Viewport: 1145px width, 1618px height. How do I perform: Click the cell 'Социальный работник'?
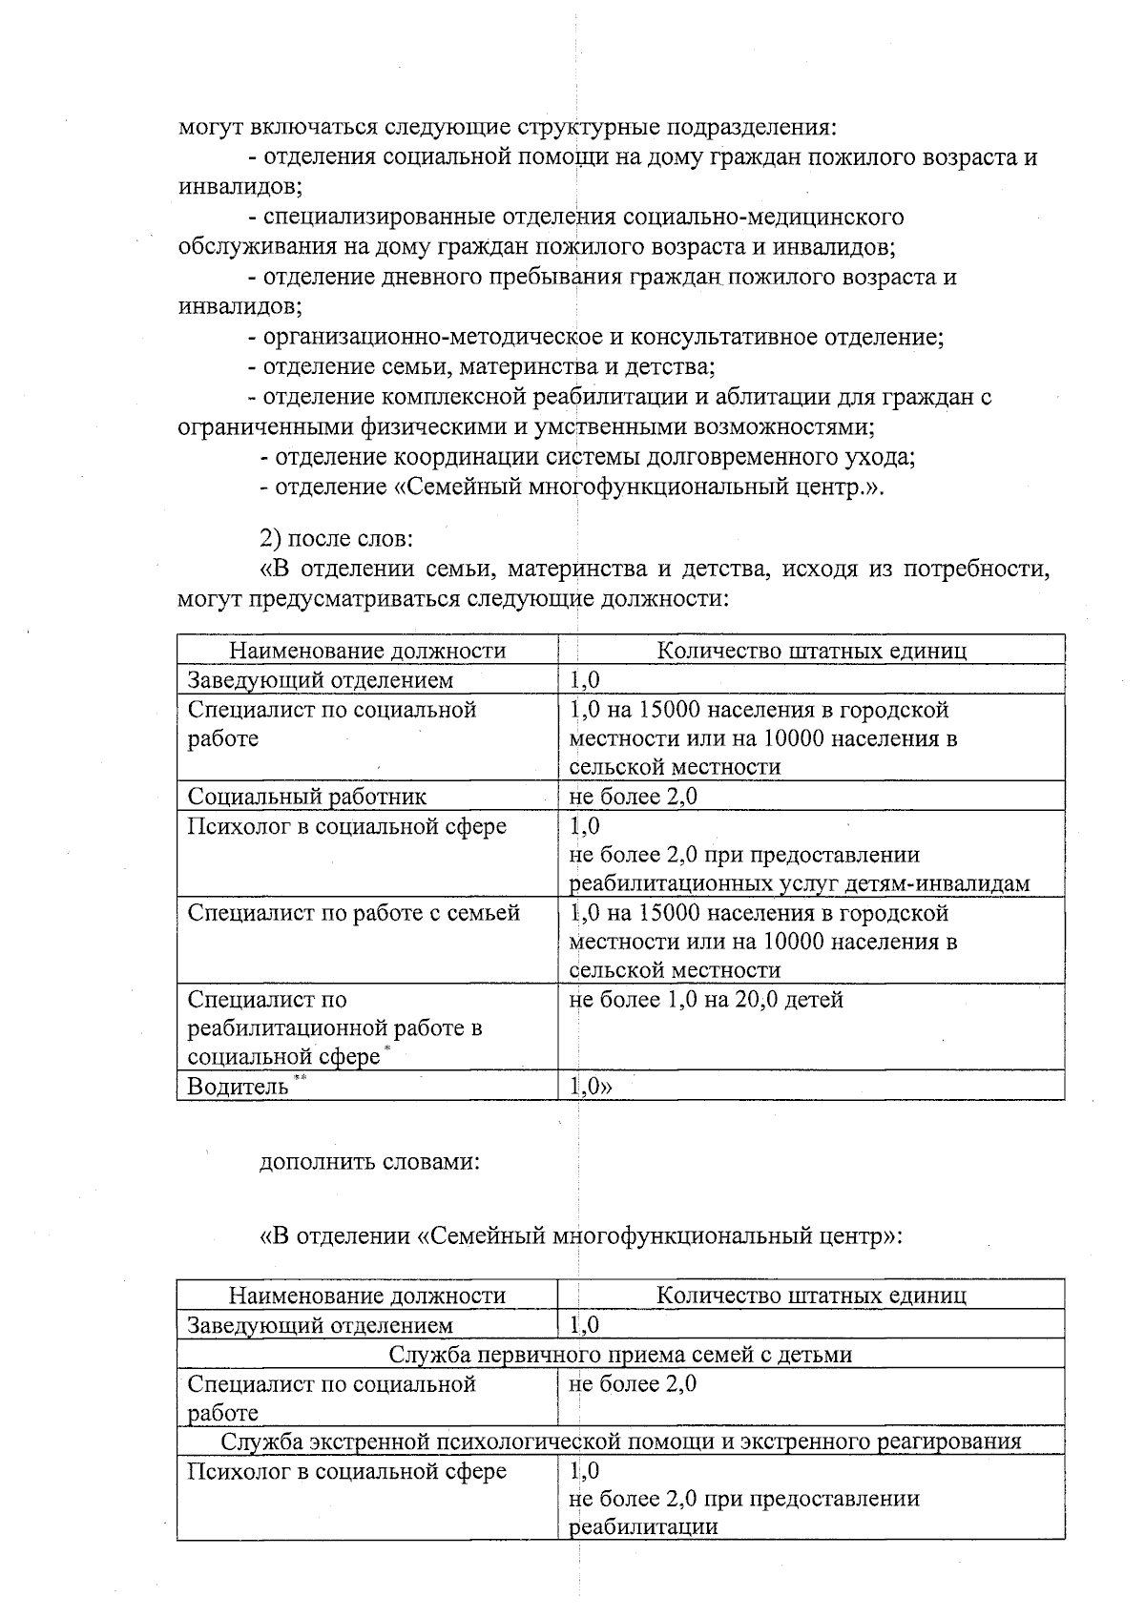click(x=306, y=797)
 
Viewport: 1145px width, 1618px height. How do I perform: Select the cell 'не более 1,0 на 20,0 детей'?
click(x=706, y=1000)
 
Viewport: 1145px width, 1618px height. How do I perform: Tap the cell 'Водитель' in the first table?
click(x=238, y=1087)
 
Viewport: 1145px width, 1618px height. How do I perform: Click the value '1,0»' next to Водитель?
click(x=591, y=1087)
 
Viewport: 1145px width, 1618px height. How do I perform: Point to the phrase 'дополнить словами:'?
click(x=369, y=1162)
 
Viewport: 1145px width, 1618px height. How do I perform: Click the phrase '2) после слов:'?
click(x=336, y=538)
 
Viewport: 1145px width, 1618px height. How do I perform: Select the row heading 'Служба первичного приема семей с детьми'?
click(x=620, y=1354)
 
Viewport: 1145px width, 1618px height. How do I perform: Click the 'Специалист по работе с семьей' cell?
click(x=353, y=913)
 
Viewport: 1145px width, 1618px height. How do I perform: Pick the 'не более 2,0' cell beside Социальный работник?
click(x=633, y=797)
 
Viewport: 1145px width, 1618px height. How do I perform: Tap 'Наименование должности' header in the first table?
click(x=367, y=651)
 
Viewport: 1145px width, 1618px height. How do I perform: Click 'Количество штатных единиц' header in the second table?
click(x=811, y=1295)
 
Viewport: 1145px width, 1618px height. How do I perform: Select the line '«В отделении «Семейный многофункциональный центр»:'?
click(x=580, y=1236)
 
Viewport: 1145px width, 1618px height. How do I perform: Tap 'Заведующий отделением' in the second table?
click(x=320, y=1325)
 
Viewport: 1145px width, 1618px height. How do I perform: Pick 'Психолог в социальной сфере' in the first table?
click(x=346, y=826)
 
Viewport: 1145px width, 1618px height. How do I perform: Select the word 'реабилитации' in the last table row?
click(x=643, y=1526)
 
